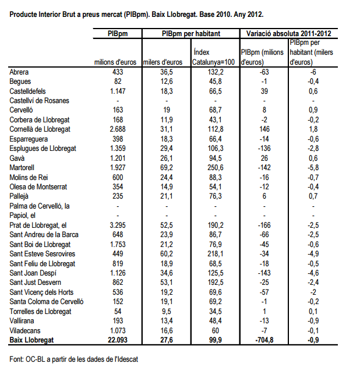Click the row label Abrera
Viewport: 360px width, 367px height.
pyautogui.click(x=20, y=72)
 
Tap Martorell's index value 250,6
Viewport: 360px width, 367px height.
pyautogui.click(x=214, y=168)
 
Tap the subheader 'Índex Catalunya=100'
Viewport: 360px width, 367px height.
pyautogui.click(x=214, y=57)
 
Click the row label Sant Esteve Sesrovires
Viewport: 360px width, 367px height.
pyautogui.click(x=42, y=254)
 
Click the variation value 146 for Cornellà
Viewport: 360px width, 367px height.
pyautogui.click(x=264, y=129)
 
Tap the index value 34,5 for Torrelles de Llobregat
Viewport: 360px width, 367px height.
pyautogui.click(x=214, y=311)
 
